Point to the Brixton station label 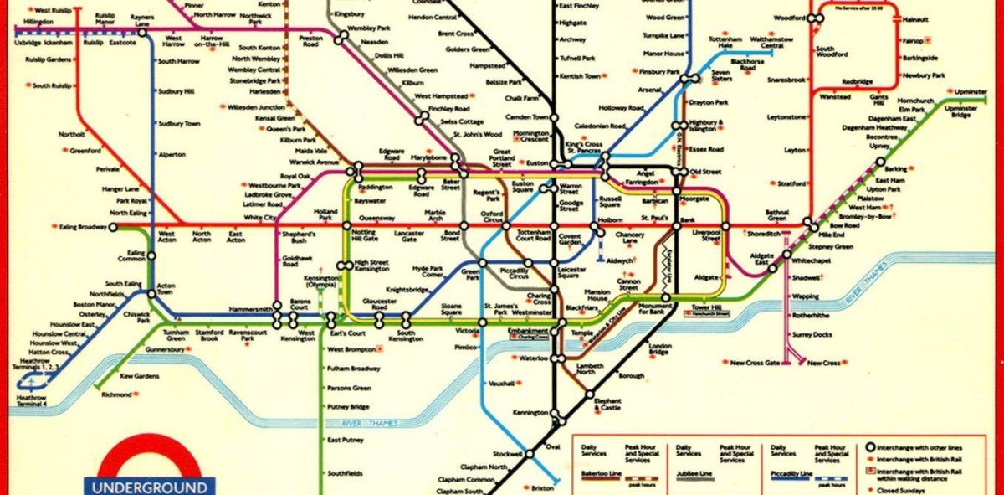(543, 487)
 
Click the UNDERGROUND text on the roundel (149, 487)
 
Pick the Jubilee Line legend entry (694, 475)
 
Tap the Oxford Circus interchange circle (505, 226)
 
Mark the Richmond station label (116, 394)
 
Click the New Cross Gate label (755, 363)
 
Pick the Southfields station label (345, 473)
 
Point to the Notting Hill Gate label (365, 235)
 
